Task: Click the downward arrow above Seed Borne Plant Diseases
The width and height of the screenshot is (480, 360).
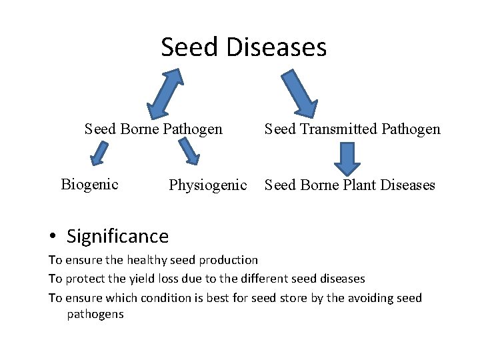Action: [347, 158]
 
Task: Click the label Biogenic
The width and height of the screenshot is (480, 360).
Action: [89, 184]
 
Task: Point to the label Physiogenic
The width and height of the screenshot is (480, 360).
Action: [207, 185]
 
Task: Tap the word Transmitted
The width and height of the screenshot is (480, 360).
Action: [334, 129]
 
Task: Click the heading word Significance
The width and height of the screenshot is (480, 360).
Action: [117, 236]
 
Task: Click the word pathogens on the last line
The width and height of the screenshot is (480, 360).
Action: [95, 314]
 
